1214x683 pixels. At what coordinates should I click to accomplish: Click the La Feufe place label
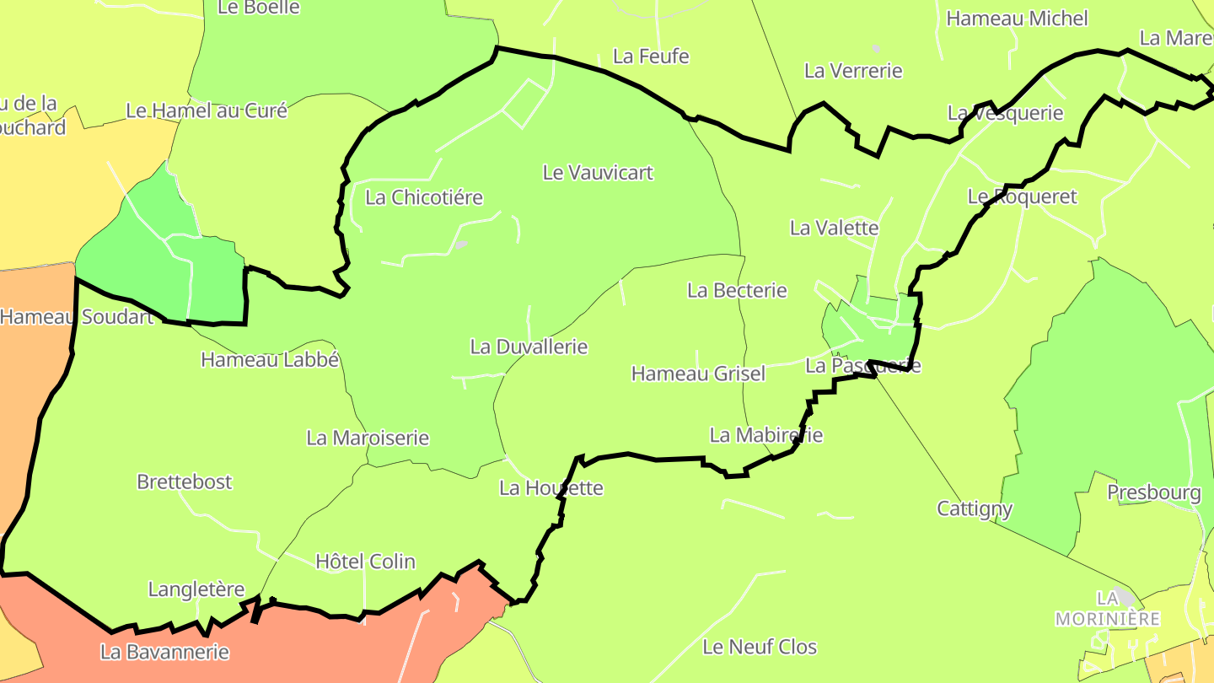pos(651,56)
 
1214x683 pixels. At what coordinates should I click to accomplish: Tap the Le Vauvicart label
pos(598,173)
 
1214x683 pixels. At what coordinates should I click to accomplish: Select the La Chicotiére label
pos(424,198)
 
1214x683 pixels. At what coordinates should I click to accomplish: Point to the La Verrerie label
pos(853,71)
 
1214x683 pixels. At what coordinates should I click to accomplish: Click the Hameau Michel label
pos(1017,19)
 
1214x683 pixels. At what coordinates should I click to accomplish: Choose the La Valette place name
pos(834,228)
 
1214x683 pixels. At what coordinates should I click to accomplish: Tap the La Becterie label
pos(737,291)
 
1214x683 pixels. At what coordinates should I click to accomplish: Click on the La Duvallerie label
pos(529,347)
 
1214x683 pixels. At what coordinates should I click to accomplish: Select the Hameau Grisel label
pos(698,374)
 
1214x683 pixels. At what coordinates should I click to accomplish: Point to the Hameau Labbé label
pos(270,360)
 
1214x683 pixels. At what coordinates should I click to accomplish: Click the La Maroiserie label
pos(368,438)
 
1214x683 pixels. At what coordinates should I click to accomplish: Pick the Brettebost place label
pos(185,482)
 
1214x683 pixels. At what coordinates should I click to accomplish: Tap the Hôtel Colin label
pos(365,562)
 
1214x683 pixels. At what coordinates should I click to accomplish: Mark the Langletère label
pos(196,589)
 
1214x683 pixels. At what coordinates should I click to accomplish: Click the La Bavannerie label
pos(164,652)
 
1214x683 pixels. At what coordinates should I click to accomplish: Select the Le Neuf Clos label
pos(760,647)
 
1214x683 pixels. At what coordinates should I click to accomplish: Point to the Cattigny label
pos(975,509)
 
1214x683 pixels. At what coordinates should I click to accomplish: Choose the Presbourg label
pos(1153,492)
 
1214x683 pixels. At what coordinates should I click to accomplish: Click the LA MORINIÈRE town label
pos(1108,609)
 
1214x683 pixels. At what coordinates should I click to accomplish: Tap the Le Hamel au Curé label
pos(207,110)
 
